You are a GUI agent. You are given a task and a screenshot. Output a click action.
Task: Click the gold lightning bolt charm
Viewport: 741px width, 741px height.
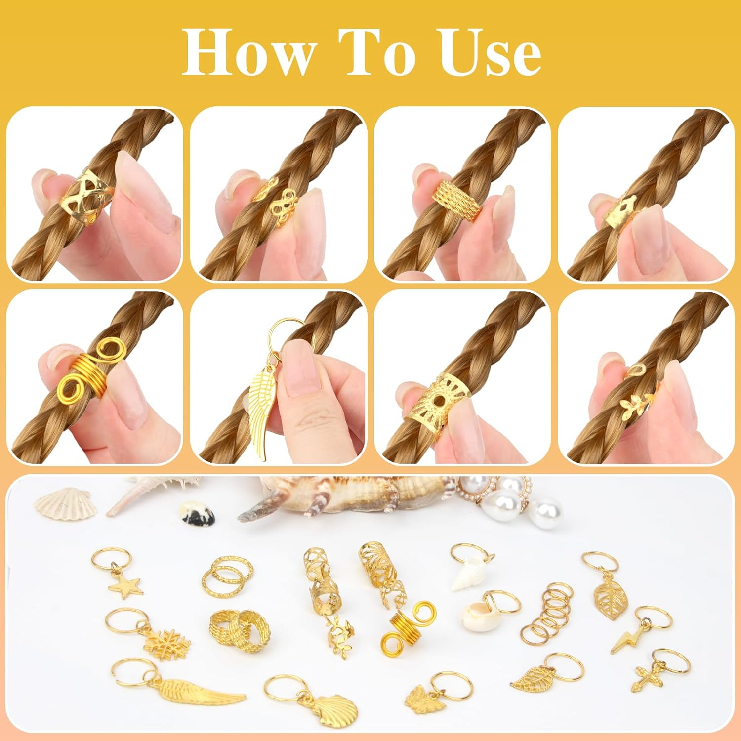pyautogui.click(x=627, y=638)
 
